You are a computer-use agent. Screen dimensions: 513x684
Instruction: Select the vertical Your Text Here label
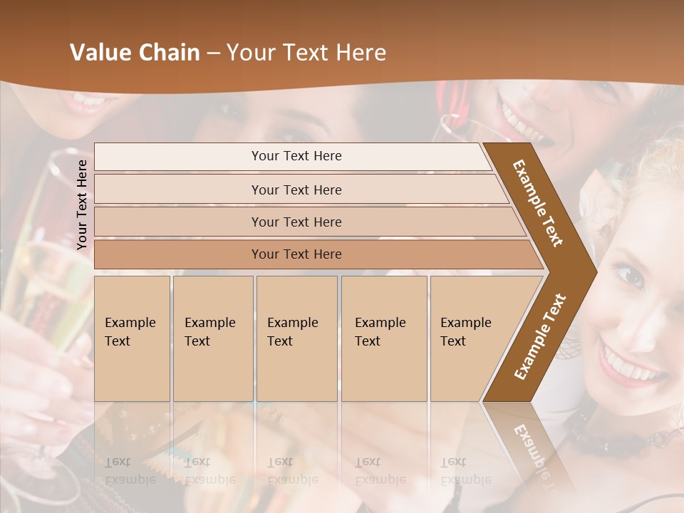[82, 204]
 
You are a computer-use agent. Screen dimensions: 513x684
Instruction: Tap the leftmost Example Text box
[132, 338]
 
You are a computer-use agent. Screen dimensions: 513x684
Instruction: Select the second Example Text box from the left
[213, 338]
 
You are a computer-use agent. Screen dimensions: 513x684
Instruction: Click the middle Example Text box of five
[296, 338]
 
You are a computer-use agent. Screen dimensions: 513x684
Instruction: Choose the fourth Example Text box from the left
[384, 338]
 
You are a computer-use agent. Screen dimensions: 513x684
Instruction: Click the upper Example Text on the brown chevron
[539, 203]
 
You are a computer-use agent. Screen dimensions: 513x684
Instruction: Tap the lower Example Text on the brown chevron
[540, 337]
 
